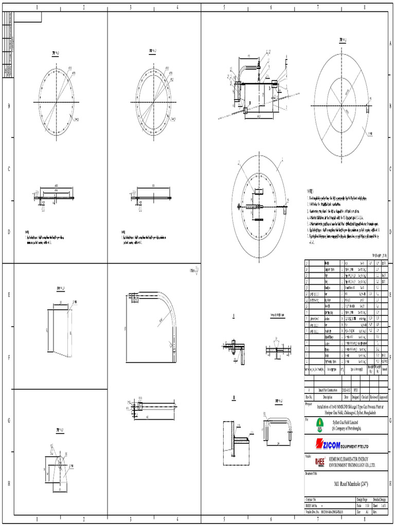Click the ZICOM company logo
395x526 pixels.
(x=342, y=443)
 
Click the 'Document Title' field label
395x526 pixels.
(x=313, y=473)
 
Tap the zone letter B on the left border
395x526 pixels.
(x=8, y=106)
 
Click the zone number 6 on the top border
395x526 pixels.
(x=271, y=7)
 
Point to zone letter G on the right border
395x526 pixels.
(x=390, y=421)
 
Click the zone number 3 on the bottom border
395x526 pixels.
(x=130, y=520)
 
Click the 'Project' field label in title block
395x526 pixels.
(x=310, y=403)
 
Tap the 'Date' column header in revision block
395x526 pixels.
(x=347, y=397)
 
